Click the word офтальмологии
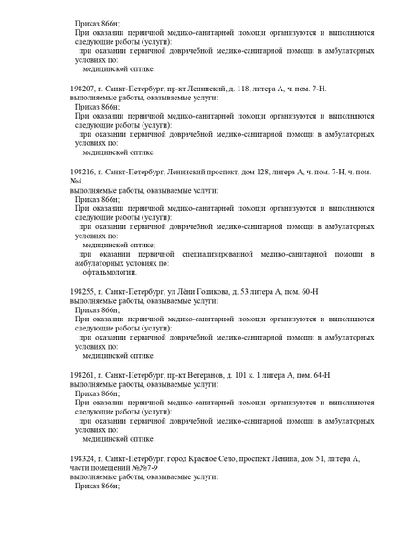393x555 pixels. coord(110,272)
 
